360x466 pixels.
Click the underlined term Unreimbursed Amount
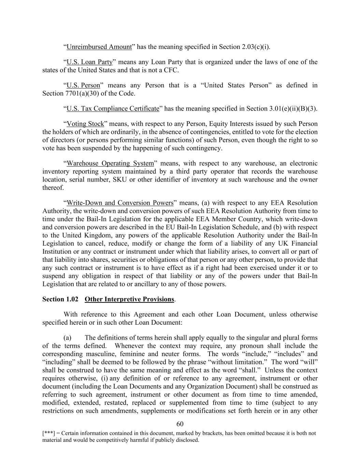99,47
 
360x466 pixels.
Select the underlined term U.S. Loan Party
89,62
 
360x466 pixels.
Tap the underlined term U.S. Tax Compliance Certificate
113,109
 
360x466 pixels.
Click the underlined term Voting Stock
85,124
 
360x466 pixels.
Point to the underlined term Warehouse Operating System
110,163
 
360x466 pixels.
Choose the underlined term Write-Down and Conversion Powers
120,203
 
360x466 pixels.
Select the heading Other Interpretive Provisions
129,299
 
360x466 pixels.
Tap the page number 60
180,424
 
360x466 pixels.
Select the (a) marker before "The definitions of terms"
67,338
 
